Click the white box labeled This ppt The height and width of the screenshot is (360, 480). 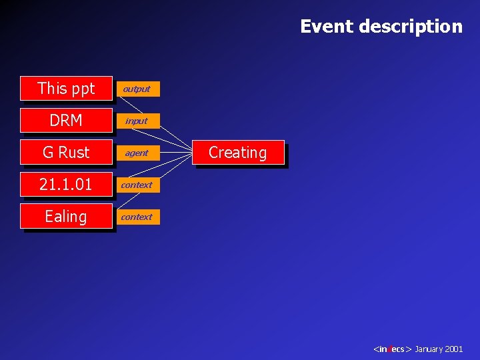click(x=66, y=88)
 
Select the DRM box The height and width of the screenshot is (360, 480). click(x=66, y=120)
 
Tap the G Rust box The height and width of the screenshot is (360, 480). click(x=66, y=152)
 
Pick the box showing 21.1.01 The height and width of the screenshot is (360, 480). click(x=66, y=184)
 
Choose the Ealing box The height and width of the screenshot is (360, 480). click(x=66, y=216)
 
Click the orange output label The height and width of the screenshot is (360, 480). click(x=137, y=89)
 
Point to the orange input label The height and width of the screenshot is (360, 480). click(x=137, y=121)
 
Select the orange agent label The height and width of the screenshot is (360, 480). click(x=137, y=153)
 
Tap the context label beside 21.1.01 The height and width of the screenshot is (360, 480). click(x=137, y=185)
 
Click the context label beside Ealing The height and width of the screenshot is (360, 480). click(x=137, y=217)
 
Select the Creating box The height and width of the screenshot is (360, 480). click(x=237, y=153)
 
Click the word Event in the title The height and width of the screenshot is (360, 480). click(x=327, y=27)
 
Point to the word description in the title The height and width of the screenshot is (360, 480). click(x=411, y=27)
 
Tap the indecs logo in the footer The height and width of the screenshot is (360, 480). click(x=393, y=349)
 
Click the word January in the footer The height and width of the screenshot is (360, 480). click(x=429, y=349)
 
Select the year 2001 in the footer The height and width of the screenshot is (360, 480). click(x=454, y=349)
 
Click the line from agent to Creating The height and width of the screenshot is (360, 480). click(x=177, y=153)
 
